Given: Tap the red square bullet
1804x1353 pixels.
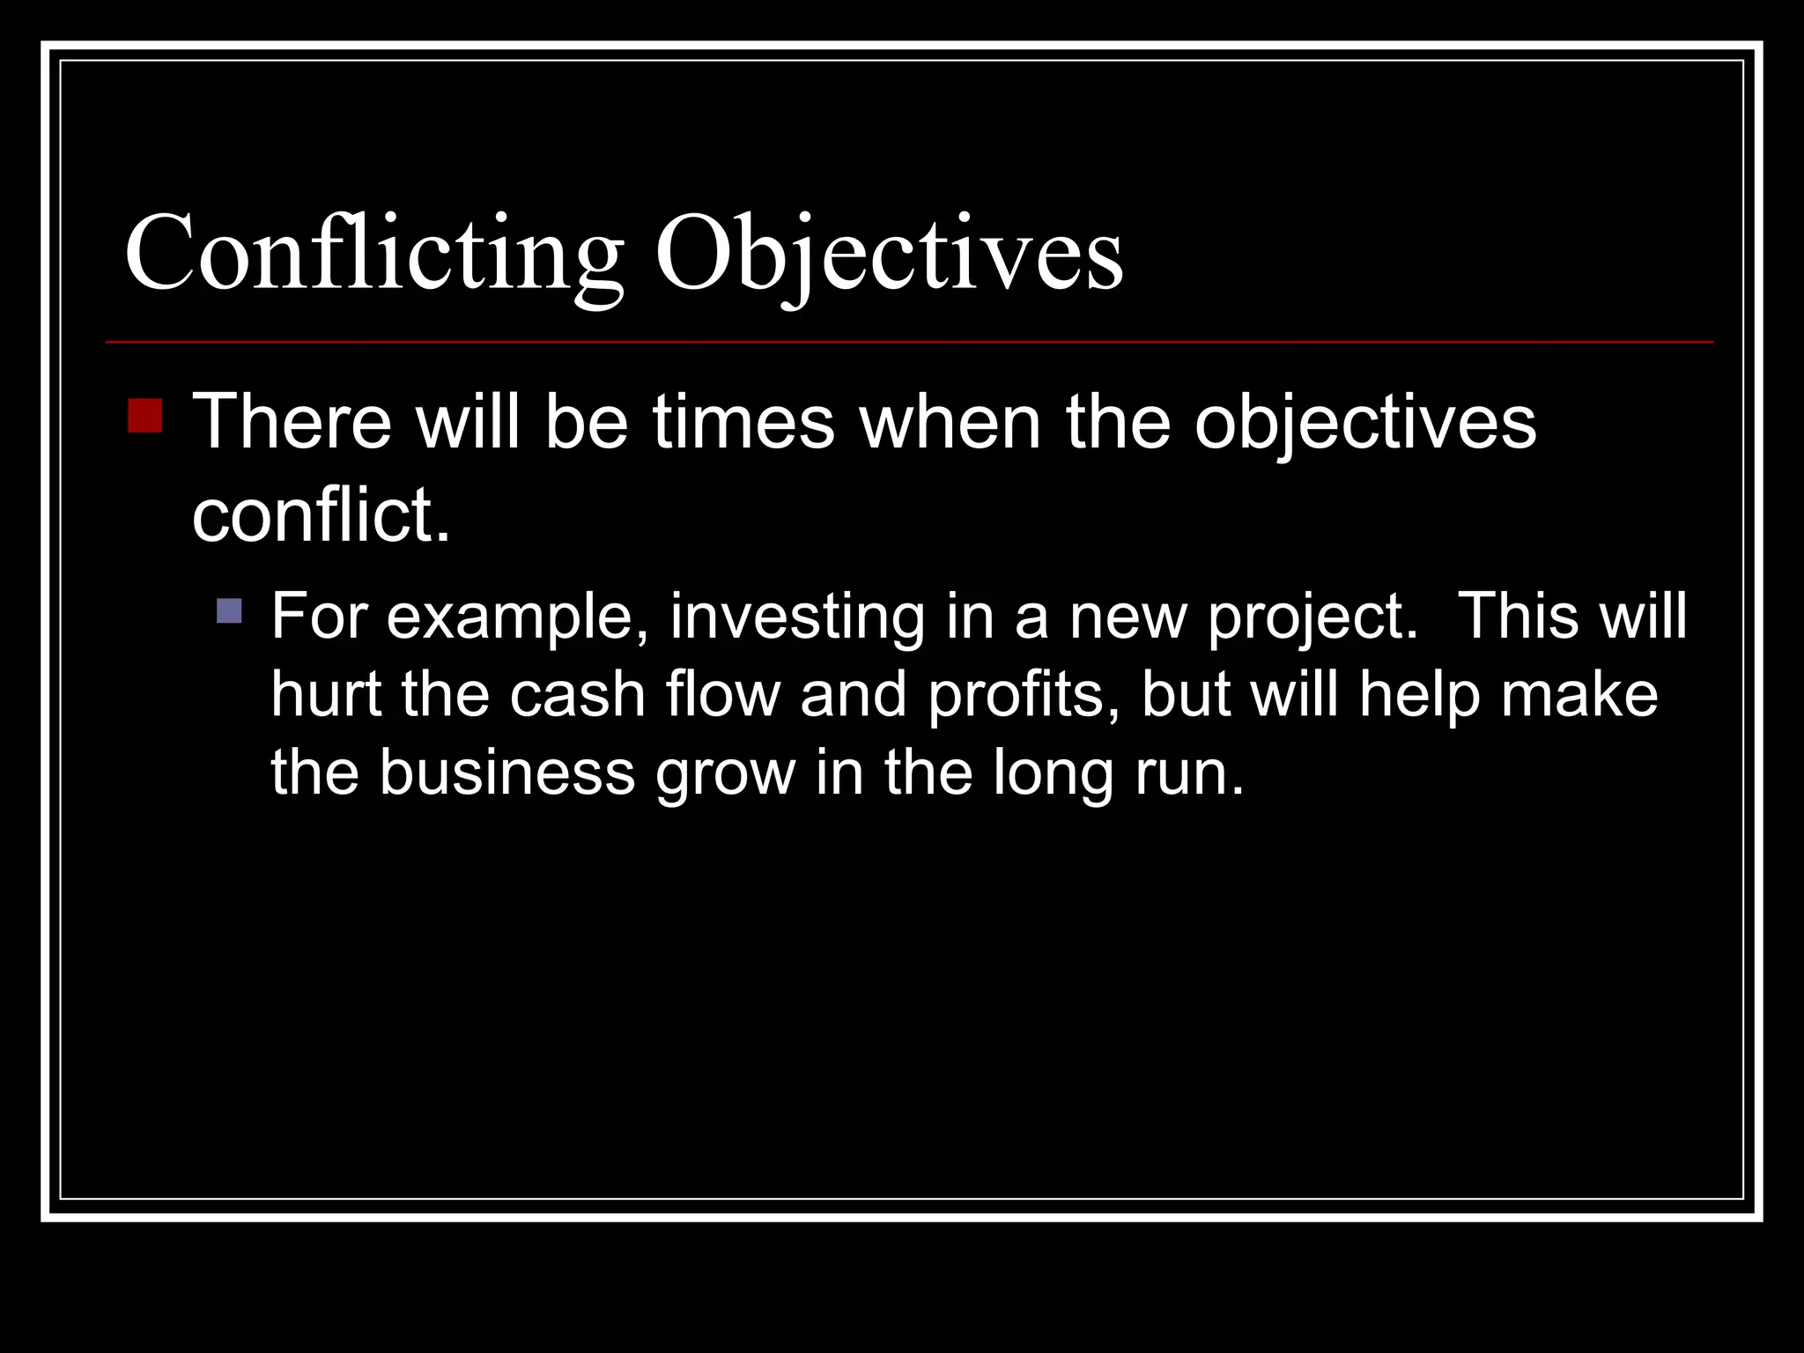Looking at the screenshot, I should pos(144,416).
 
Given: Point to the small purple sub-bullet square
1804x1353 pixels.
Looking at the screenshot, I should pos(229,610).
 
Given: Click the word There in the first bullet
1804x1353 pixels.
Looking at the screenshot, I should pos(292,423).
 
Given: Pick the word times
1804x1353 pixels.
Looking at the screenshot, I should pos(743,423).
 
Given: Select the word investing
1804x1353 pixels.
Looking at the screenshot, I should pos(797,617).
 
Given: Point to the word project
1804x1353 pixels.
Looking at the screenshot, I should pos(1312,617).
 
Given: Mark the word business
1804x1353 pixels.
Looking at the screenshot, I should pos(506,773).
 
